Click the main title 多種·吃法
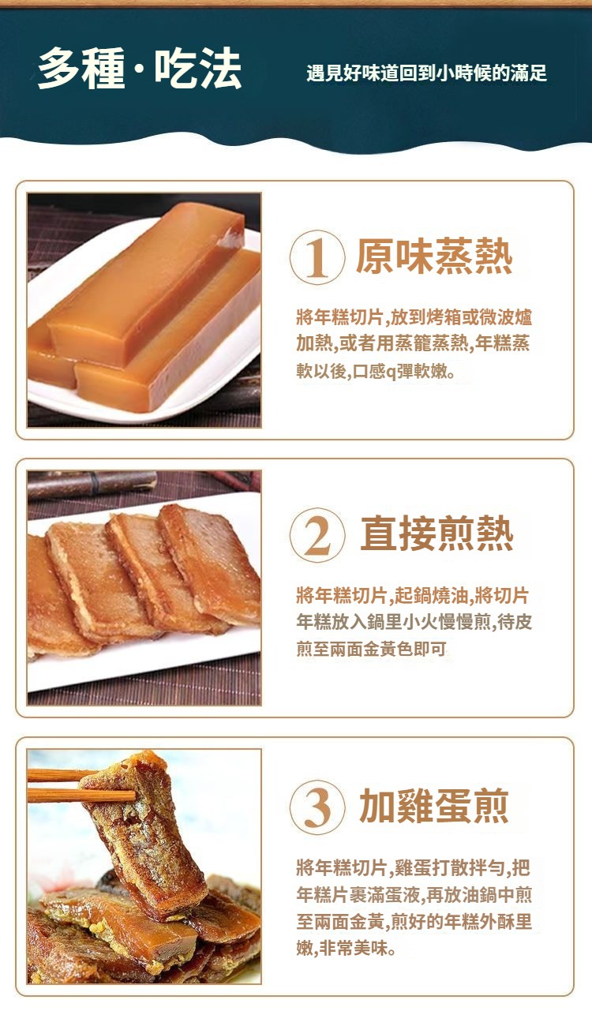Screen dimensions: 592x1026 click(x=140, y=69)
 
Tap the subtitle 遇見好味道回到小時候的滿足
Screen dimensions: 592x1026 click(x=426, y=73)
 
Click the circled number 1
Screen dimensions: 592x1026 click(x=317, y=257)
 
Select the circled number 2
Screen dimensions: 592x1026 click(x=317, y=535)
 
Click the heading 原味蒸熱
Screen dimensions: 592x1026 click(x=434, y=256)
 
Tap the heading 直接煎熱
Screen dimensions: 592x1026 click(x=437, y=534)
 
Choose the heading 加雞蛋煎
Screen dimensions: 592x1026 click(x=434, y=806)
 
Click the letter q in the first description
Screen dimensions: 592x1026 click(x=391, y=373)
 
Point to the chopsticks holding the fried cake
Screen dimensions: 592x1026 click(x=81, y=785)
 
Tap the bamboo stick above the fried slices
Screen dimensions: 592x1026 click(x=92, y=484)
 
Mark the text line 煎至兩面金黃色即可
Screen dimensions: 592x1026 click(x=371, y=649)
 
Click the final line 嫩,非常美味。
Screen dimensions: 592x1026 click(x=346, y=948)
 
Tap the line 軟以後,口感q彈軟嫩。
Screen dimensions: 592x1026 click(x=376, y=372)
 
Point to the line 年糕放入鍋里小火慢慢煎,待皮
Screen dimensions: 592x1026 click(x=414, y=622)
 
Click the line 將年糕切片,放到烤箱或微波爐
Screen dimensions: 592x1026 click(x=414, y=317)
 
